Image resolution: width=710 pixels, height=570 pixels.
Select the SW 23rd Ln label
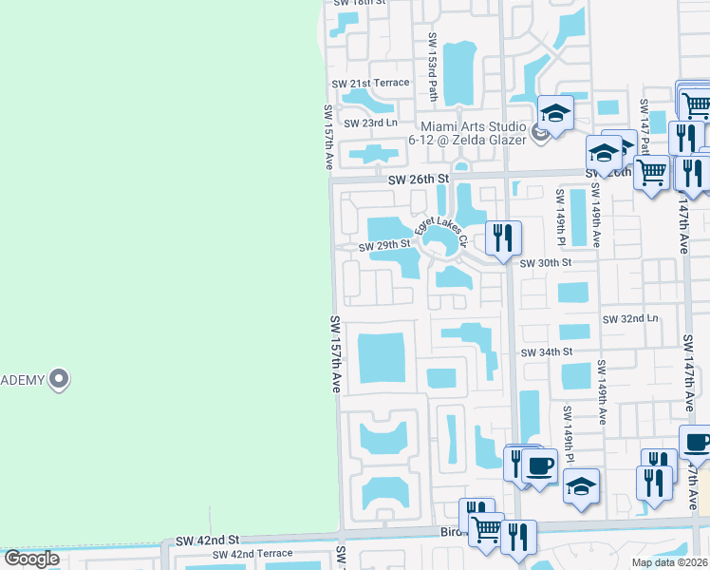pyautogui.click(x=370, y=123)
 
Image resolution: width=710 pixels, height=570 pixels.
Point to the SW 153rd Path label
pyautogui.click(x=432, y=68)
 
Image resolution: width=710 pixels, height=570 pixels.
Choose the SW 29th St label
pyautogui.click(x=383, y=246)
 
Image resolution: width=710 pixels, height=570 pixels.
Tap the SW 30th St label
pyautogui.click(x=546, y=261)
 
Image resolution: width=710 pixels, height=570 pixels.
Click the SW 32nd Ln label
pyautogui.click(x=630, y=318)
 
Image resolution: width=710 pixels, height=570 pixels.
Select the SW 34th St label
pyautogui.click(x=547, y=351)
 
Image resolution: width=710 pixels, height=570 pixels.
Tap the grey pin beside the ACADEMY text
pyautogui.click(x=59, y=379)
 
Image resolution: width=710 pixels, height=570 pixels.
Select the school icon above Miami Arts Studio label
pyautogui.click(x=554, y=111)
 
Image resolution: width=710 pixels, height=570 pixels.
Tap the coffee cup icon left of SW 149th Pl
pyautogui.click(x=539, y=465)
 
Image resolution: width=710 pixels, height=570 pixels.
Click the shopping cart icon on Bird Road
pyautogui.click(x=486, y=529)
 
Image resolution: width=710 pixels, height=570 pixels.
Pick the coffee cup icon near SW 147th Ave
pyautogui.click(x=697, y=442)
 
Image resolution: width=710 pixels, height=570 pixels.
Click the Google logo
pyautogui.click(x=31, y=560)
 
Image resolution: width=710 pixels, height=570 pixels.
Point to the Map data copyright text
pyautogui.click(x=669, y=562)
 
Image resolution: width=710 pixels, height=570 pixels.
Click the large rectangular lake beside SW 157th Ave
pyautogui.click(x=382, y=359)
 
